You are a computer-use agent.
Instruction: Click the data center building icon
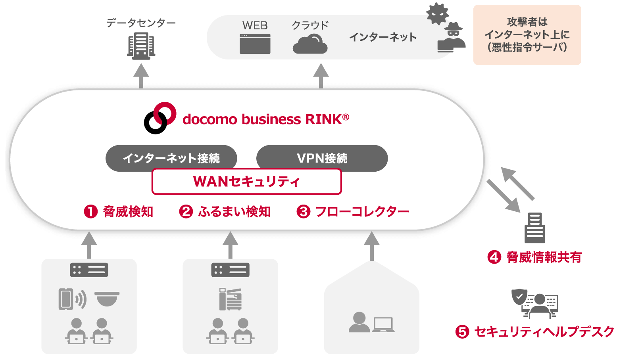point(141,46)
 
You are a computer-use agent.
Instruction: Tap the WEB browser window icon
point(255,44)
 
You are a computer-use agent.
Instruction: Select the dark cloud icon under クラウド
point(310,44)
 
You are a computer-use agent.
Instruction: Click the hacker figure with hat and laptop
point(452,38)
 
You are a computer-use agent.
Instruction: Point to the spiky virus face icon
point(437,14)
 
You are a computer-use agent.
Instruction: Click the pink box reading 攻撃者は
point(527,35)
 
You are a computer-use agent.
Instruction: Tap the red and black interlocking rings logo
point(160,118)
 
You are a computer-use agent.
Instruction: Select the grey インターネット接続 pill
point(171,158)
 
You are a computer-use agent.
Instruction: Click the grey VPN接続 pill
point(322,158)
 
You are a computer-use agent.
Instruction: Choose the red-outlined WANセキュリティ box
point(246,182)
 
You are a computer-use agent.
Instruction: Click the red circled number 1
point(91,211)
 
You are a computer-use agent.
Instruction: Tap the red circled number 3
point(304,211)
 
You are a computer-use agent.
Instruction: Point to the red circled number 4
point(494,257)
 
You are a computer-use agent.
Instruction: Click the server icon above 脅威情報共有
point(534,228)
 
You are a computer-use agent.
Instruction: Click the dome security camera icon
point(107,299)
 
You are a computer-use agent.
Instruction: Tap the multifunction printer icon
point(231,299)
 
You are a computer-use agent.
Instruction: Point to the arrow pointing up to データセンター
point(141,75)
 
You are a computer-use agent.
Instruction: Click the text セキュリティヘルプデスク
point(544,331)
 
